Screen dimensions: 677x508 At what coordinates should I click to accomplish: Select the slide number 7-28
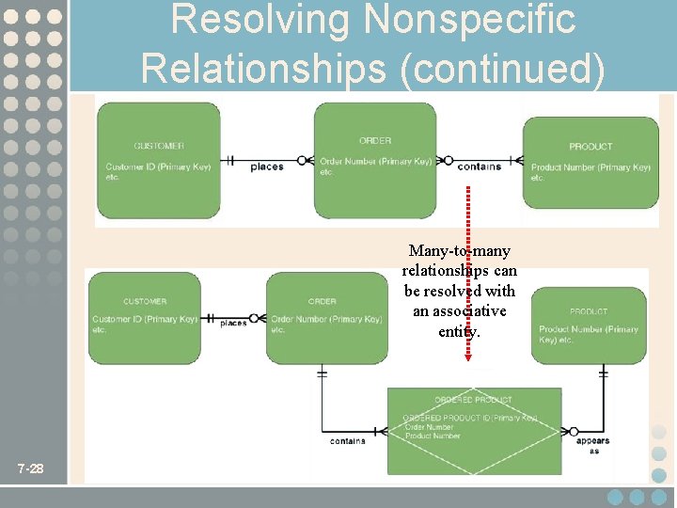[x=31, y=468]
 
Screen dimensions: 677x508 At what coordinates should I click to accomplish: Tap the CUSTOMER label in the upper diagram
[x=159, y=146]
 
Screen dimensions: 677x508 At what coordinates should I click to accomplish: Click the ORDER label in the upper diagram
[x=375, y=141]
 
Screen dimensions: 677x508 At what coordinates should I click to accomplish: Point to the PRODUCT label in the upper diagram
[x=590, y=146]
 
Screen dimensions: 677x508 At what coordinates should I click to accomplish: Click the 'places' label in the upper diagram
[x=267, y=167]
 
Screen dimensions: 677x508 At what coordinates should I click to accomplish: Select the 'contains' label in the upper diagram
[x=480, y=167]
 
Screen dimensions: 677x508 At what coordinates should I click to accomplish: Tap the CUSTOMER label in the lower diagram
[x=145, y=301]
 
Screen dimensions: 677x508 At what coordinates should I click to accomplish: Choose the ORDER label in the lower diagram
[x=323, y=301]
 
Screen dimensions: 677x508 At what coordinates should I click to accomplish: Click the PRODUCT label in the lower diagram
[x=589, y=311]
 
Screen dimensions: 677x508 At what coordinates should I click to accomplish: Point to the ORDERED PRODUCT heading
[x=473, y=401]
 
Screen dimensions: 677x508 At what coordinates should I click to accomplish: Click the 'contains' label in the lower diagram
[x=348, y=440]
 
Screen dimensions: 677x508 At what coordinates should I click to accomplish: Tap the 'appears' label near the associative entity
[x=592, y=440]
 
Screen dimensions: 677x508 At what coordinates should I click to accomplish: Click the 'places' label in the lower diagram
[x=233, y=323]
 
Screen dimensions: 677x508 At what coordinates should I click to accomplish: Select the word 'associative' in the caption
[x=460, y=311]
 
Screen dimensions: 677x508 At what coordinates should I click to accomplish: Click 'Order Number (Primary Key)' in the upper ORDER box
[x=375, y=161]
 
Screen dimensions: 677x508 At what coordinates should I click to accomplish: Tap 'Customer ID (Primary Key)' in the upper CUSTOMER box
[x=159, y=167]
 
